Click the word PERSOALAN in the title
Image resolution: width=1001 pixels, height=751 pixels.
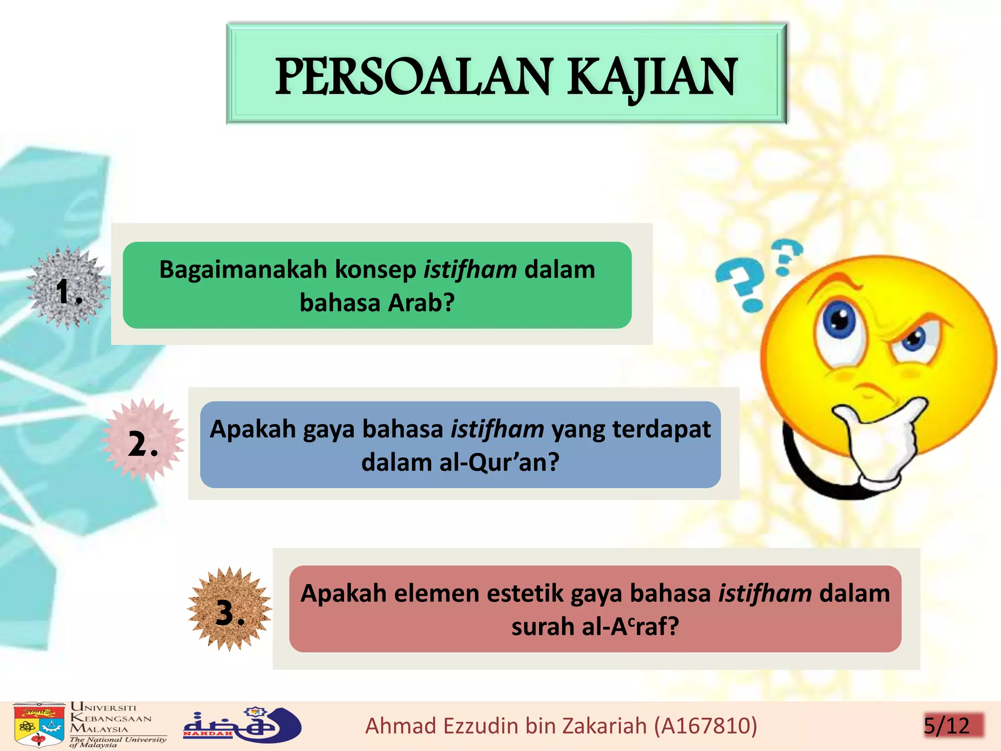click(x=413, y=77)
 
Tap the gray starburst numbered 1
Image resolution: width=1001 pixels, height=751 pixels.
click(x=68, y=287)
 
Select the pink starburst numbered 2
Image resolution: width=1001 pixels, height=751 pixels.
click(x=143, y=440)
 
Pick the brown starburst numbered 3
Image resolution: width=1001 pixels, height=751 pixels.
click(x=229, y=609)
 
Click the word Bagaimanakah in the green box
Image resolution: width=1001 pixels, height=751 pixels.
click(x=243, y=270)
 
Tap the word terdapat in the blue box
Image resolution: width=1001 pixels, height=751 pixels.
click(x=661, y=429)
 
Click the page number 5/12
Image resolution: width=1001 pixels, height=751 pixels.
click(x=946, y=726)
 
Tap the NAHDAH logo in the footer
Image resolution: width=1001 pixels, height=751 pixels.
click(x=241, y=725)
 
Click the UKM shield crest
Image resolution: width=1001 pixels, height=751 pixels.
click(x=39, y=725)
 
